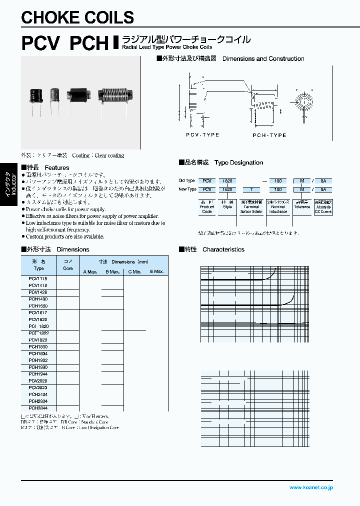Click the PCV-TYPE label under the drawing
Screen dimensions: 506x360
point(202,135)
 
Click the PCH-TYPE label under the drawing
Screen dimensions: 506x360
point(269,135)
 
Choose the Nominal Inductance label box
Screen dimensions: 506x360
point(278,206)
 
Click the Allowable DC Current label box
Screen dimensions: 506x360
point(323,206)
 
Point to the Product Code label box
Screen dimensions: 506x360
point(207,206)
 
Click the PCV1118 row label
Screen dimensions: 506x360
point(38,278)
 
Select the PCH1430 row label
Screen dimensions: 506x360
point(38,299)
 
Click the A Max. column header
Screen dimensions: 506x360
point(90,271)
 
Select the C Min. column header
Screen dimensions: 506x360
point(134,271)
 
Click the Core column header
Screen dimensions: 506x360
point(67,265)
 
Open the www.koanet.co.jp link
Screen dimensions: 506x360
point(311,487)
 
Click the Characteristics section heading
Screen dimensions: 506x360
point(223,249)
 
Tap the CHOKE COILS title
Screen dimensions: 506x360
point(78,17)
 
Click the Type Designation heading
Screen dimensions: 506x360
point(238,163)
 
